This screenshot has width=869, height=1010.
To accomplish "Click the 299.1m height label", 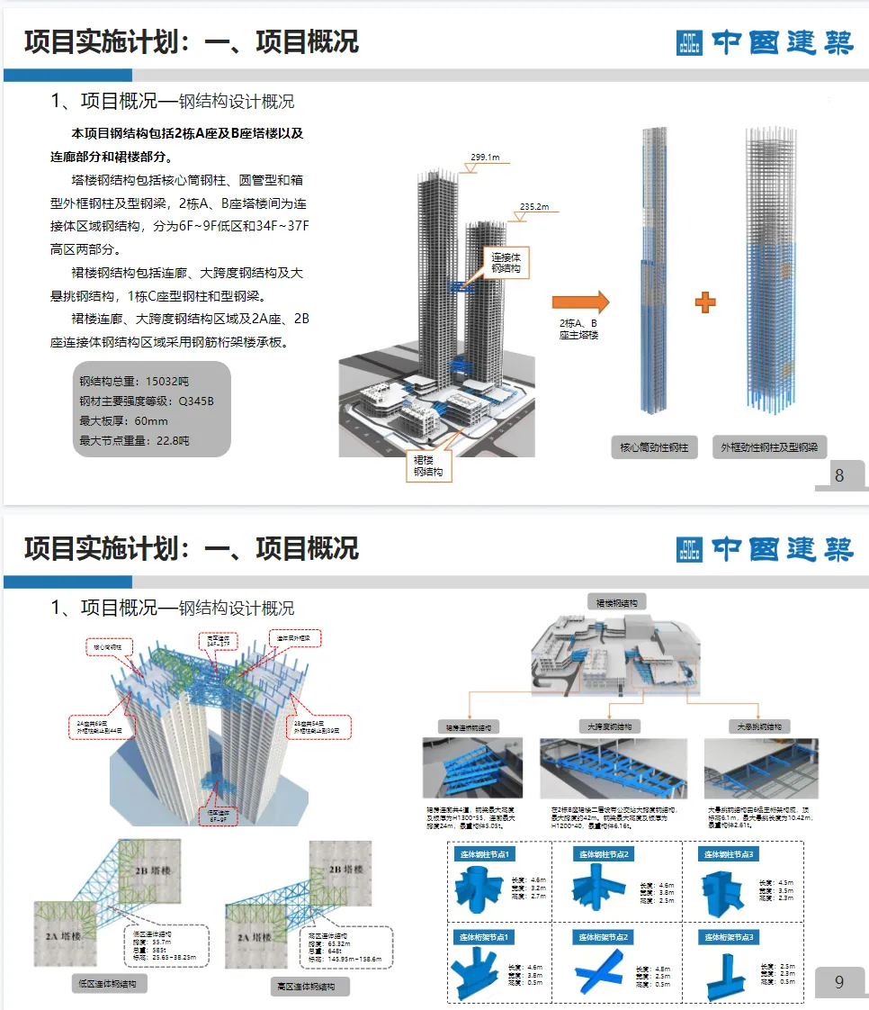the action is [x=486, y=158].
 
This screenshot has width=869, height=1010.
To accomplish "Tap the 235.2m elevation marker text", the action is [x=534, y=207].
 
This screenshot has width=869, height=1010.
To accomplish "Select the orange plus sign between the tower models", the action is [x=705, y=302].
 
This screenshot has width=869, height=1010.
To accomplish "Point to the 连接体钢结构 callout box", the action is [x=507, y=264].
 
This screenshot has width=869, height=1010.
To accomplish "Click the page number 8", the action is [x=839, y=476].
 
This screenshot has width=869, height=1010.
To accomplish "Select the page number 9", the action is [x=839, y=982].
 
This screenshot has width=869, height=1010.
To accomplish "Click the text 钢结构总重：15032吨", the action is [x=134, y=381].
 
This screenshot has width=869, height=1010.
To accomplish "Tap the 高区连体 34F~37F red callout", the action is [x=219, y=641].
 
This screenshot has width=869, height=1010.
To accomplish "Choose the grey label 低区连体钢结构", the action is [x=110, y=984].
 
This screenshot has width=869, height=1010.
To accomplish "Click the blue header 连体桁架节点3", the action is [x=730, y=937].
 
